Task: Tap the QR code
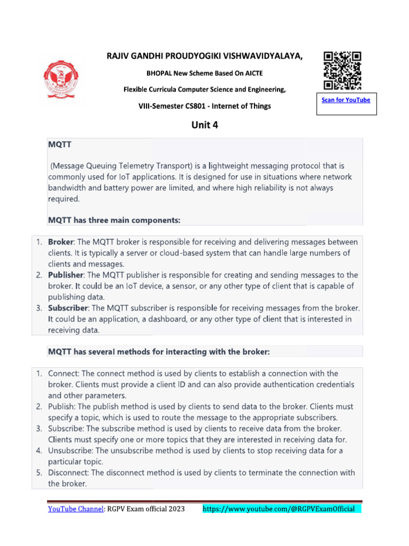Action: pos(342,70)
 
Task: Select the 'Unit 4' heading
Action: pos(204,125)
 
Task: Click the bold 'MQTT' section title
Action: pos(60,145)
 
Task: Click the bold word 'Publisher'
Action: pos(66,275)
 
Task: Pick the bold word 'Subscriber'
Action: pos(68,308)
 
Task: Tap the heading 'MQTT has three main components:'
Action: pos(114,220)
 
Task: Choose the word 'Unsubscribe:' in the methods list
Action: pos(72,451)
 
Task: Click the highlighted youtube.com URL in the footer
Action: pos(282,509)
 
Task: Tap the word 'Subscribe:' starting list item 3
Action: pos(67,429)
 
